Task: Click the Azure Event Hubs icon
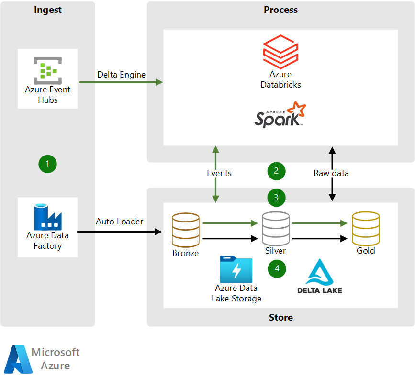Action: point(47,68)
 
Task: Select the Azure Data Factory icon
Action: point(47,217)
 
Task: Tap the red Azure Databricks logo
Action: point(280,51)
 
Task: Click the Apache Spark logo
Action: point(280,115)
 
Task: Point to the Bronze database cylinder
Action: point(185,229)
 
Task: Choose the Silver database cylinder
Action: point(276,228)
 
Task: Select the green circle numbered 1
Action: point(47,164)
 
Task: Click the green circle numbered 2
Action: point(276,171)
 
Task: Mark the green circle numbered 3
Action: point(276,197)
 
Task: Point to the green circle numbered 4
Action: point(277,268)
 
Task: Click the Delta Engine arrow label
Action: point(121,74)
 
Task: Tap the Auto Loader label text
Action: point(119,222)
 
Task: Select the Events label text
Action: point(219,173)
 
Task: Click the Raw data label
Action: point(331,173)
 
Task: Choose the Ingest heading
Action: point(47,10)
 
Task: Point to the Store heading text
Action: point(280,317)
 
